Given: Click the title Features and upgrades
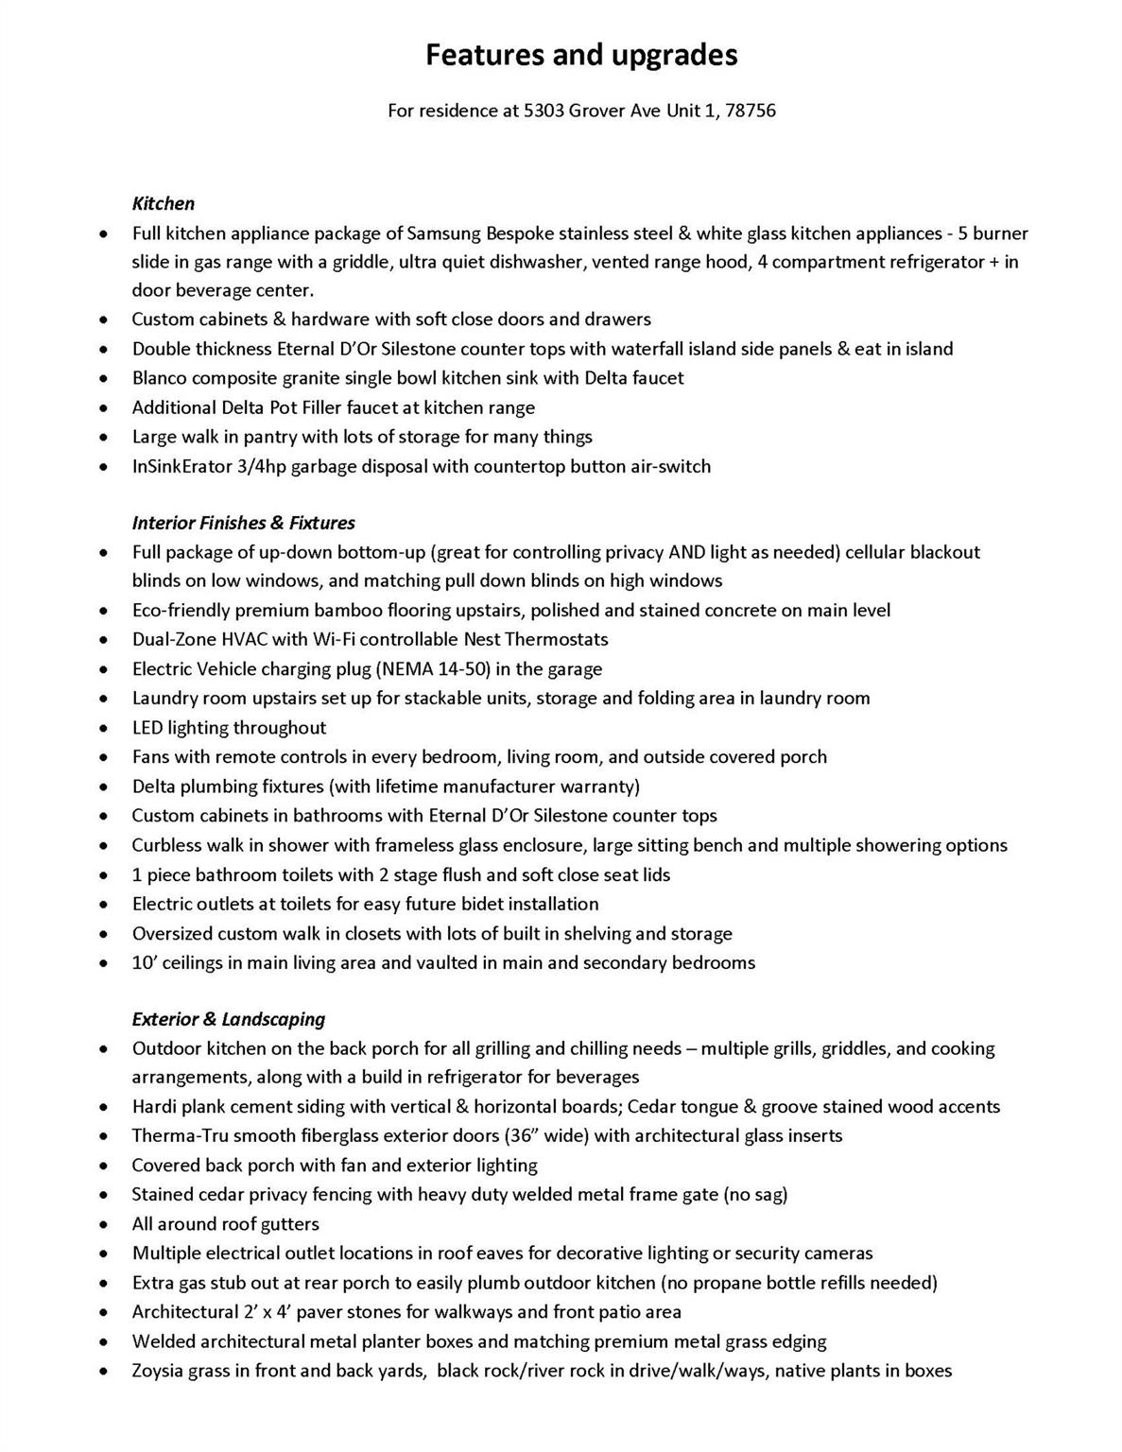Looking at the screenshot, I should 581,55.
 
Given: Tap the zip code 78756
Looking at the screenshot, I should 751,111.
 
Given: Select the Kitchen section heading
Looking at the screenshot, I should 164,203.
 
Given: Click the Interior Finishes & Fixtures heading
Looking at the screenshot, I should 244,523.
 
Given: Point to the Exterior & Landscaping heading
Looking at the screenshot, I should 229,1019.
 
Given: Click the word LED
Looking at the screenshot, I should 147,728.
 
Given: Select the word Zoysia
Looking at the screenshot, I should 158,1371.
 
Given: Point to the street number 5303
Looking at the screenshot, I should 544,111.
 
